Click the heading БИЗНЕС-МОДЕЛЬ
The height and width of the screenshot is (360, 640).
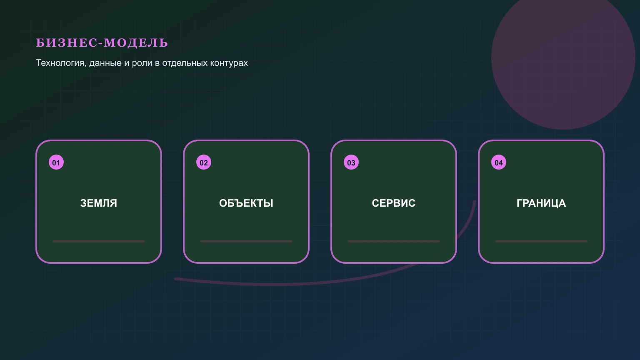(x=102, y=42)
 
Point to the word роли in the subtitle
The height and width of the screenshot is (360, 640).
(x=142, y=63)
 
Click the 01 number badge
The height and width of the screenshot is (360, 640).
(x=56, y=162)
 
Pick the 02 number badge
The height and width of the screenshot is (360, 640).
(x=204, y=162)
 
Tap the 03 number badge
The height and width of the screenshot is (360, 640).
(x=351, y=162)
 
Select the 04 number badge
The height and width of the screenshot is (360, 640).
(x=499, y=162)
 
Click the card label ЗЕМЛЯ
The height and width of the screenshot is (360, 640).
(x=99, y=203)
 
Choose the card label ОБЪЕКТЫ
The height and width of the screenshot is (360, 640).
(x=246, y=203)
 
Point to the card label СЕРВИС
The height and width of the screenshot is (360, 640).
(x=393, y=203)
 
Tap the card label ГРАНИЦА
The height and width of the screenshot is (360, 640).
(x=541, y=203)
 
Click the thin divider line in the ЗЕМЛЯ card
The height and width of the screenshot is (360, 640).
(x=99, y=241)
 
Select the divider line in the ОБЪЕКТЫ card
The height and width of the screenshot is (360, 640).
(x=246, y=241)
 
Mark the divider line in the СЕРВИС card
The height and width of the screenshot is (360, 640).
(x=393, y=241)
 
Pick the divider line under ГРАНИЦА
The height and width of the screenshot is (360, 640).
(x=541, y=241)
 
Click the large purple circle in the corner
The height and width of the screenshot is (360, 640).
(x=563, y=57)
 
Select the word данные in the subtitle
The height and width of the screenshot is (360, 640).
(x=105, y=63)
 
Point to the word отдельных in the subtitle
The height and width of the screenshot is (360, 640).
(x=185, y=63)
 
